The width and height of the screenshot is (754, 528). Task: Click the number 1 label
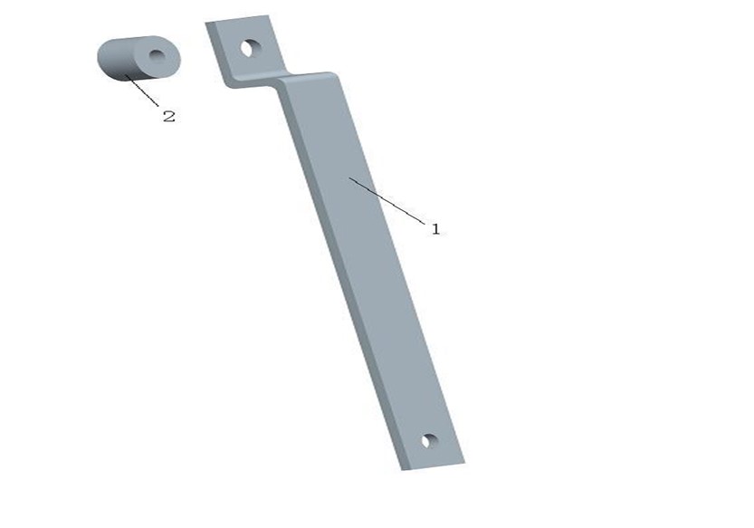435,229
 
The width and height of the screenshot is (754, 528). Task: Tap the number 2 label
168,116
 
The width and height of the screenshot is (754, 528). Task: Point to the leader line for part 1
387,201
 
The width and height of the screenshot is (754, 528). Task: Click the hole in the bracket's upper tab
251,48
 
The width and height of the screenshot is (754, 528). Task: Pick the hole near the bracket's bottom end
429,440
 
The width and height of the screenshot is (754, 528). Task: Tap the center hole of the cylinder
157,56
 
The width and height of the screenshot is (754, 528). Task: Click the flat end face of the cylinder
157,57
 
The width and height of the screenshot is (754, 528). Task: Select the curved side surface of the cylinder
117,60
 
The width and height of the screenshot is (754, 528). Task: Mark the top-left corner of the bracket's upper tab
205,23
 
